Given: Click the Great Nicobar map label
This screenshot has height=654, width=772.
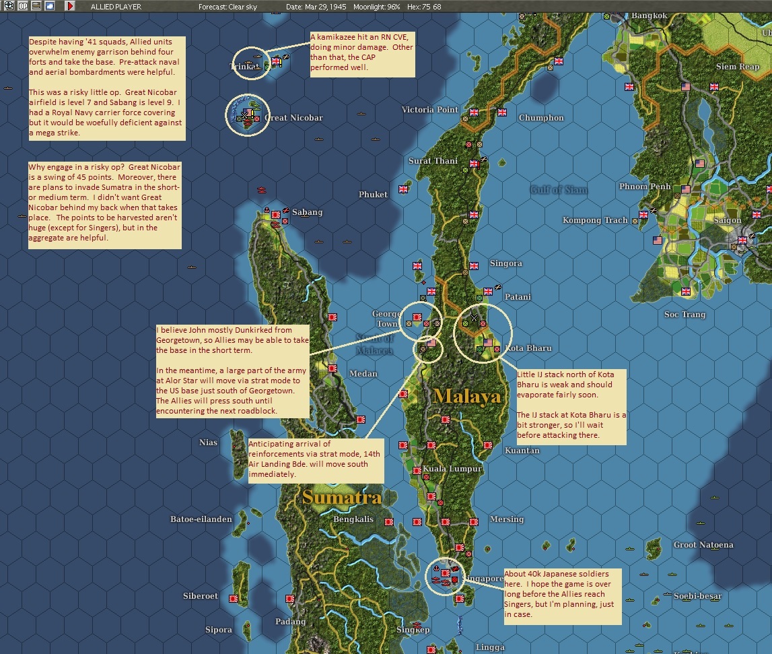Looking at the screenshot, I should [294, 118].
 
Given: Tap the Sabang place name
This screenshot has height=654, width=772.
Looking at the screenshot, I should [307, 212].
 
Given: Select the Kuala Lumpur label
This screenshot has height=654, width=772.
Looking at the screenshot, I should [452, 469].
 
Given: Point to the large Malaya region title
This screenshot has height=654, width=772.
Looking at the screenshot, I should [468, 396].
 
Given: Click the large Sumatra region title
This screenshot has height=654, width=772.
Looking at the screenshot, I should [341, 498].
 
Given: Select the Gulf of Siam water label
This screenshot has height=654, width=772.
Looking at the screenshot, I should [558, 190].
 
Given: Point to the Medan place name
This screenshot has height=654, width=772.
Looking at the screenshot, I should [363, 374].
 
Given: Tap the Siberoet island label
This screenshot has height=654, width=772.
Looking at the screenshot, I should [201, 596].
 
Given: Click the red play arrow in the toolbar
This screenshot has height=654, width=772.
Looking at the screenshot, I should [70, 6].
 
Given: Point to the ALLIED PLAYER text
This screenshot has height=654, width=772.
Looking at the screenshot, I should [116, 7].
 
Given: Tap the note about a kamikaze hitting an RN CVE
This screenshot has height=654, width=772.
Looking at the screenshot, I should [361, 54].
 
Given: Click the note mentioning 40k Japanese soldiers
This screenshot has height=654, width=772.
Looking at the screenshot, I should [562, 594].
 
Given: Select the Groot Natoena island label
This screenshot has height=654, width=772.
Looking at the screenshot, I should [703, 545].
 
